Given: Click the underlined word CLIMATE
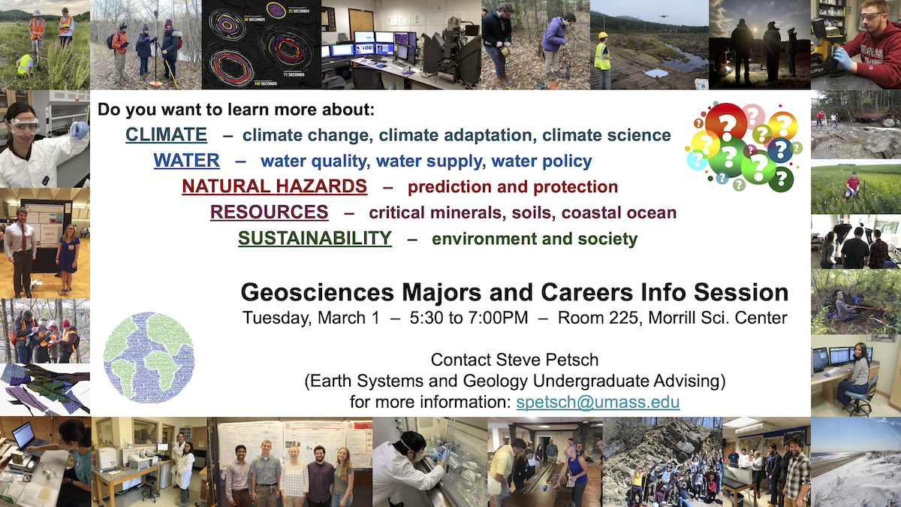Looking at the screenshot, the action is [166, 134].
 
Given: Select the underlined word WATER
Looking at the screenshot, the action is [187, 161].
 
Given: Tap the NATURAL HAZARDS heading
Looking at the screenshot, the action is [274, 186].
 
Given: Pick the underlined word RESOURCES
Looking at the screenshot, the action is [269, 212].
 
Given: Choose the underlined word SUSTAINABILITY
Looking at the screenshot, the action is [315, 238].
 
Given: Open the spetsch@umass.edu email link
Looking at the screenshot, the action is [598, 402].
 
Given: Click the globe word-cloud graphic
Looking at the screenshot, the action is [149, 358].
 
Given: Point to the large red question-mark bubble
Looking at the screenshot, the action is [725, 122].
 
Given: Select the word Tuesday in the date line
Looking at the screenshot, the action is [277, 318].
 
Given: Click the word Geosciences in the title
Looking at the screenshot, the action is [318, 292].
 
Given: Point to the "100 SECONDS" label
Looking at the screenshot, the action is [266, 83].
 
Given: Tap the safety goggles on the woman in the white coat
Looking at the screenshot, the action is [24, 126].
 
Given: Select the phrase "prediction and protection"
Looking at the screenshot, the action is [513, 187].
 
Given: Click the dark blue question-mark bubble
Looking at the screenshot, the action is [780, 149].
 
